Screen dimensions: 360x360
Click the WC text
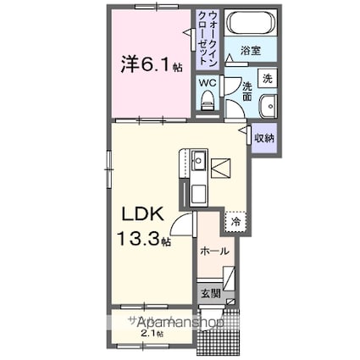(x=206, y=83)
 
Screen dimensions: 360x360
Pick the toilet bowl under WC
(x=208, y=102)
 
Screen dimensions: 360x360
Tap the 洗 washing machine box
(x=266, y=77)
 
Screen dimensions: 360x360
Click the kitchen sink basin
(x=198, y=160)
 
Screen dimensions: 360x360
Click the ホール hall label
(x=213, y=251)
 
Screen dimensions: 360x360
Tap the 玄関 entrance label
(x=211, y=293)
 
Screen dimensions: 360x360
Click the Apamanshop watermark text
(x=176, y=323)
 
